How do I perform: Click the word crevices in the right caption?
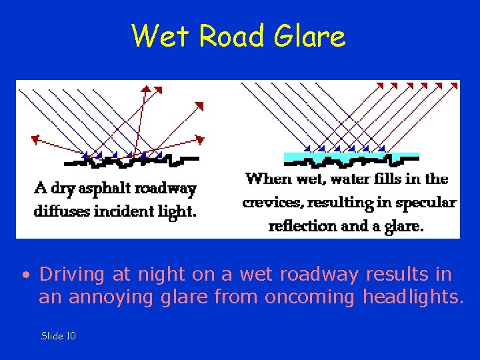click(x=270, y=203)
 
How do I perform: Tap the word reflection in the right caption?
click(x=303, y=226)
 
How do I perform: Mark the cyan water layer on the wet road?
click(x=352, y=156)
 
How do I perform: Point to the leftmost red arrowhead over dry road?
click(x=35, y=139)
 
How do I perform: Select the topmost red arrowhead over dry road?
click(x=147, y=87)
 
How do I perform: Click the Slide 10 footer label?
click(x=59, y=336)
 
